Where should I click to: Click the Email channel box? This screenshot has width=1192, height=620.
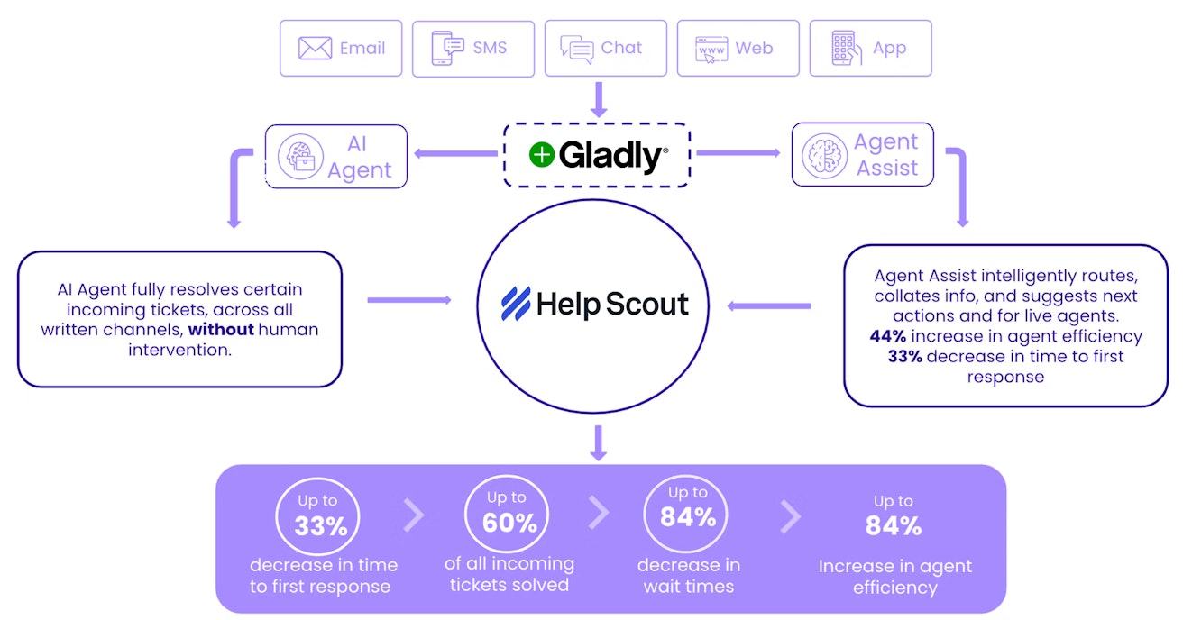click(342, 48)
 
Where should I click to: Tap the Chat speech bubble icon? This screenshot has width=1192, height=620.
click(576, 49)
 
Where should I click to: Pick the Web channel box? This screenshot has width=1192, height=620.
click(738, 48)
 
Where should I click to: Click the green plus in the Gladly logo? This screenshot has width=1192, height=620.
click(541, 155)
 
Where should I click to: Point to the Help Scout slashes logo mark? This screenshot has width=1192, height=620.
click(516, 304)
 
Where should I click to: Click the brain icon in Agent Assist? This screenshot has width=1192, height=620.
click(824, 155)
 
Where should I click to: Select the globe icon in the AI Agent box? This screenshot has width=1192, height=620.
click(298, 156)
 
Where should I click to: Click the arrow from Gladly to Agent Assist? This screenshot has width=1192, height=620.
click(738, 153)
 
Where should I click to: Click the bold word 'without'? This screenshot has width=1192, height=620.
click(222, 329)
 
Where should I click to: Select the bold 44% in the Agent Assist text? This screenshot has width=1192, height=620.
click(888, 336)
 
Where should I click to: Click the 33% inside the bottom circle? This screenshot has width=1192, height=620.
click(321, 525)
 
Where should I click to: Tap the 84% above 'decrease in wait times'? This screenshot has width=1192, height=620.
click(687, 516)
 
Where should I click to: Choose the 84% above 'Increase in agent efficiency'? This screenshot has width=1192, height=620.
click(893, 525)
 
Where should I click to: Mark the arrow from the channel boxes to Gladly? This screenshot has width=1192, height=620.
click(597, 99)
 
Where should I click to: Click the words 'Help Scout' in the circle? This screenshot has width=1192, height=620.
click(612, 305)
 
